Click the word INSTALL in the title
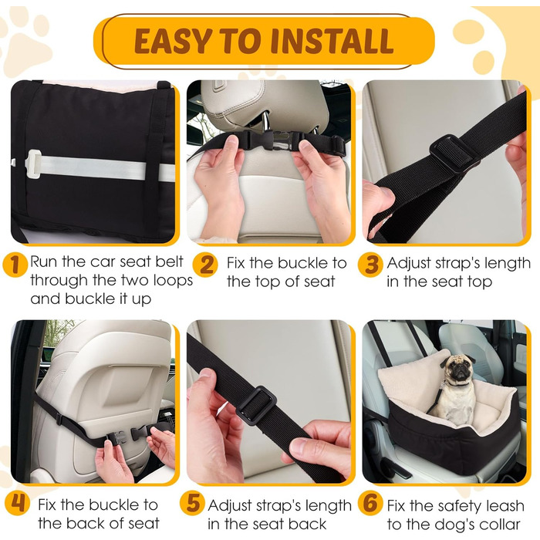click(332, 41)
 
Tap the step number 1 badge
click(15, 265)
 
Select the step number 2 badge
click(206, 265)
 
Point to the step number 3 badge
click(370, 265)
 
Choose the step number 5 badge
click(192, 504)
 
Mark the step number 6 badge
click(370, 504)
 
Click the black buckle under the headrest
click(268, 140)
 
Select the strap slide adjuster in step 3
click(452, 153)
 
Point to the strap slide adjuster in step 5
click(256, 405)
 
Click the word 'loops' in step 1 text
click(173, 281)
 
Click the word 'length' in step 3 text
click(508, 263)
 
